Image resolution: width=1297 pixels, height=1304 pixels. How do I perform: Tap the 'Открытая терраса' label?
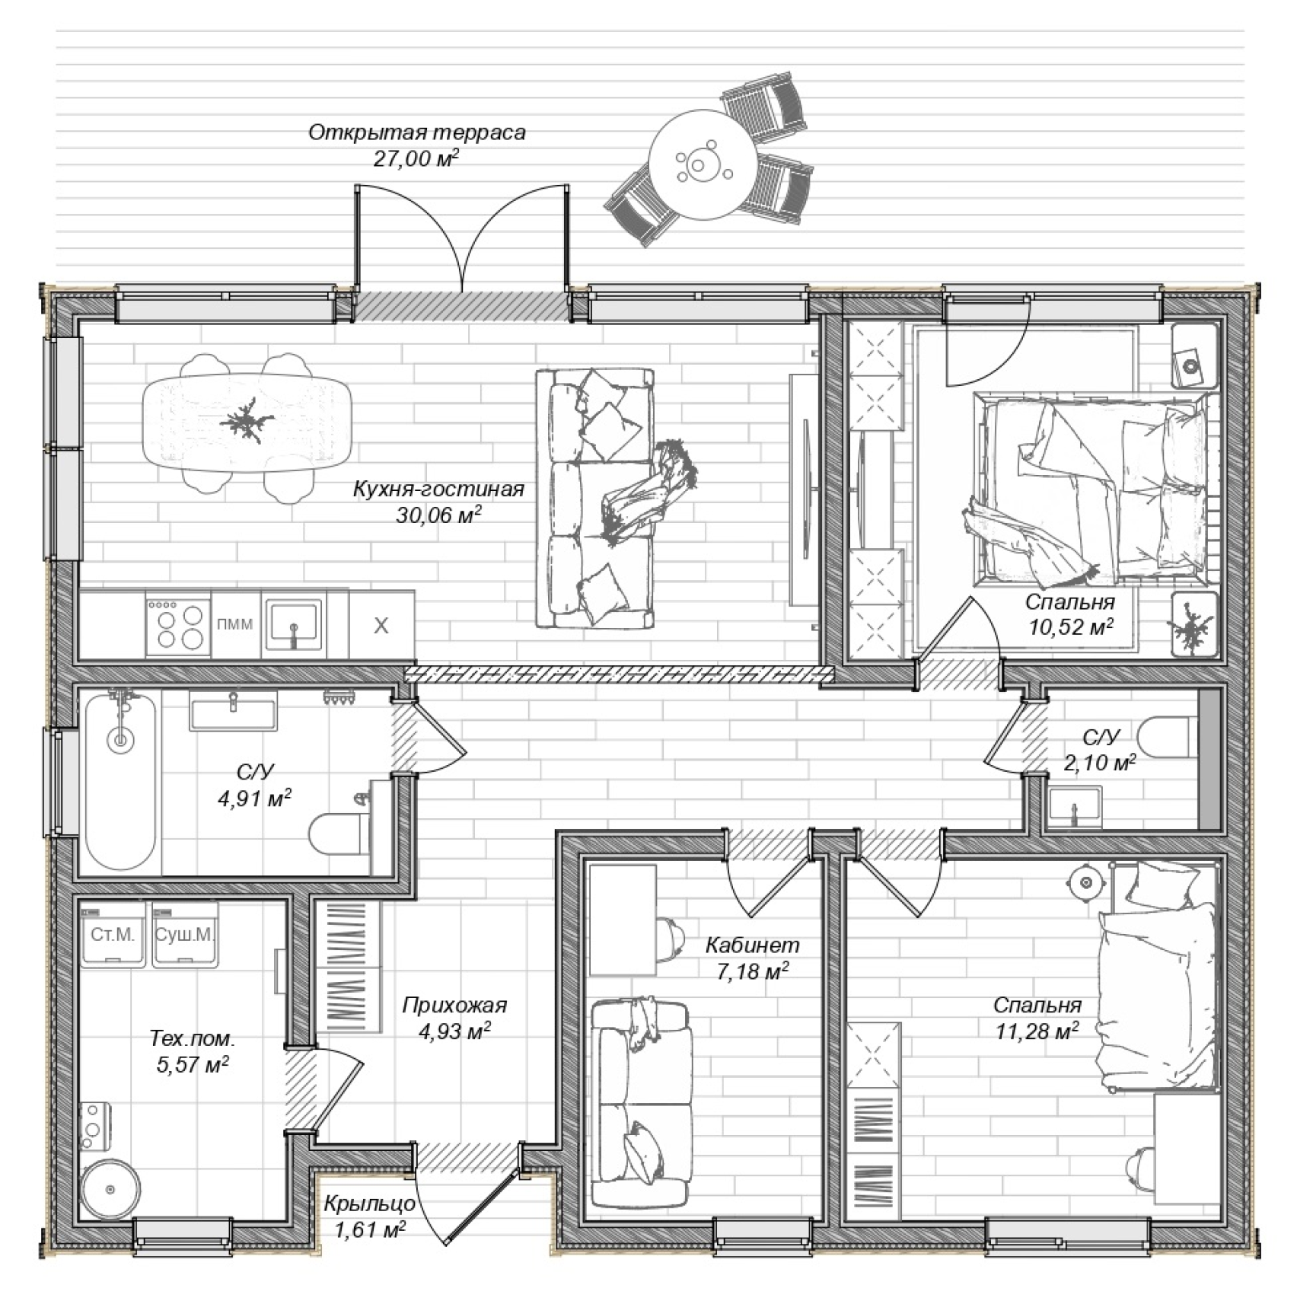[x=417, y=132]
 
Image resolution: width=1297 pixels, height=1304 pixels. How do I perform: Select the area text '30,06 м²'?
[x=438, y=515]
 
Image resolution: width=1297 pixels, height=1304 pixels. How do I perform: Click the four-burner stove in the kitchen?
[x=179, y=625]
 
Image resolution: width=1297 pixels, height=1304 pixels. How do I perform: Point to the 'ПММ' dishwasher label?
[x=235, y=625]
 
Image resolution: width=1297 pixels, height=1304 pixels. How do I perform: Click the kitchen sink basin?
[x=294, y=623]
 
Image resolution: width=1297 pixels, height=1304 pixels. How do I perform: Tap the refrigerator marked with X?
[x=381, y=625]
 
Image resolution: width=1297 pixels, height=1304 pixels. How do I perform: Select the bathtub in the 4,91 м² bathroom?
[x=120, y=780]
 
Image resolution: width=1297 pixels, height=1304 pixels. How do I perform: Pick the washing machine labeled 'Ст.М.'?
[x=113, y=935]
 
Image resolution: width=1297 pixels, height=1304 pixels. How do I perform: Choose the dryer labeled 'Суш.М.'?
[x=185, y=935]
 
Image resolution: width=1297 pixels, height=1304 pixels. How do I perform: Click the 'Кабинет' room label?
[x=753, y=945]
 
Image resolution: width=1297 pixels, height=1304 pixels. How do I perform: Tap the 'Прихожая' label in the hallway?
[x=454, y=1006]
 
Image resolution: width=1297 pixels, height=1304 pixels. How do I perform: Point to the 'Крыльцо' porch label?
[x=370, y=1204]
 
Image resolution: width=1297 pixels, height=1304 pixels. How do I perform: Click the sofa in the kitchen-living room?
[x=594, y=499]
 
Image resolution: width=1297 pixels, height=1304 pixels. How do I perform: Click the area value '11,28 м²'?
[x=1037, y=1031]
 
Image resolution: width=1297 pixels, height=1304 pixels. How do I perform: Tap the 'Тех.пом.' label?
[x=193, y=1038]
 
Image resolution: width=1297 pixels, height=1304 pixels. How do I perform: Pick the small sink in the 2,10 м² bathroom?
[x=1073, y=808]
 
